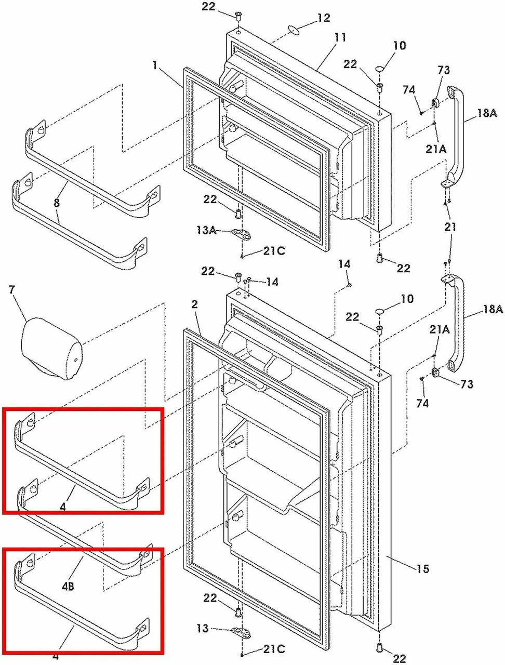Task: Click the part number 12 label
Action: pyautogui.click(x=323, y=18)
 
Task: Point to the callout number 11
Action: pyautogui.click(x=340, y=37)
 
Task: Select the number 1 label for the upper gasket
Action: pyautogui.click(x=155, y=65)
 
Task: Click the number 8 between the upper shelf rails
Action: pyautogui.click(x=57, y=202)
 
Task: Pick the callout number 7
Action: pyautogui.click(x=12, y=289)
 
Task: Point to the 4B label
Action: pyautogui.click(x=68, y=586)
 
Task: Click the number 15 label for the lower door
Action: pyautogui.click(x=423, y=569)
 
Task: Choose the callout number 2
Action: pyautogui.click(x=194, y=304)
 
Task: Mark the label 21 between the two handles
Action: pyautogui.click(x=450, y=226)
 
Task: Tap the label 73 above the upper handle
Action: pyautogui.click(x=443, y=70)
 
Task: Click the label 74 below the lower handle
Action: pyautogui.click(x=422, y=403)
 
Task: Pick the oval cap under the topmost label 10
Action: pyautogui.click(x=380, y=69)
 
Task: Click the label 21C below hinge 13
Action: pyautogui.click(x=274, y=648)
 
